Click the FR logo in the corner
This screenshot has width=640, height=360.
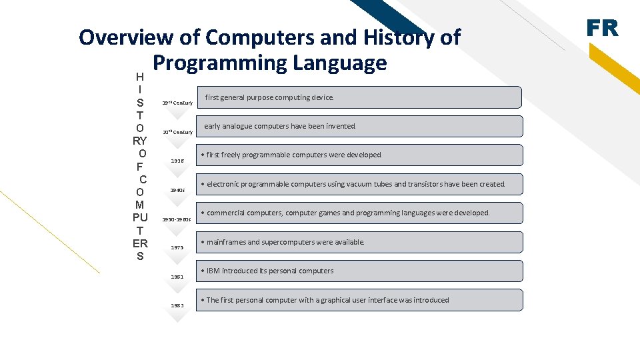pyautogui.click(x=602, y=28)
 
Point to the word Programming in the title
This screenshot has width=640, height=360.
pyautogui.click(x=218, y=63)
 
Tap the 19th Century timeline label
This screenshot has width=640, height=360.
pyautogui.click(x=177, y=103)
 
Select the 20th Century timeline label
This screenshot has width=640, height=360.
pyautogui.click(x=177, y=132)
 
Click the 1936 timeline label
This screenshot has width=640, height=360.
pyautogui.click(x=177, y=161)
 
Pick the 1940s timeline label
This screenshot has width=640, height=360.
pyautogui.click(x=177, y=190)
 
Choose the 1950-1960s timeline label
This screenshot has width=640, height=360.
pyautogui.click(x=177, y=219)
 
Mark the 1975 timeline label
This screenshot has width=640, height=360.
pyautogui.click(x=177, y=248)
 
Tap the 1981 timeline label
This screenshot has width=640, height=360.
pyautogui.click(x=177, y=277)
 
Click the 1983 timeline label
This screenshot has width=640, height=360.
pyautogui.click(x=177, y=305)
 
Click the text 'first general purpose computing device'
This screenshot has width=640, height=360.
pyautogui.click(x=269, y=98)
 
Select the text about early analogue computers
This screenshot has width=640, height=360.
pyautogui.click(x=280, y=127)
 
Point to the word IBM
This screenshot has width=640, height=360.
pyautogui.click(x=213, y=271)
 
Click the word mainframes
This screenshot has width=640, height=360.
pyautogui.click(x=226, y=243)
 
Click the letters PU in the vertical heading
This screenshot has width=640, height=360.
pyautogui.click(x=140, y=217)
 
